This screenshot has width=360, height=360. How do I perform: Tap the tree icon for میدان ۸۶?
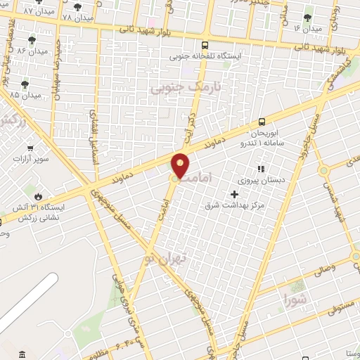tap(32, 40)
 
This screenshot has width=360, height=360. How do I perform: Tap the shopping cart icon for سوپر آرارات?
tap(30, 148)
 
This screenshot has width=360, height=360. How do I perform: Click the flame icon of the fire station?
tap(37, 196)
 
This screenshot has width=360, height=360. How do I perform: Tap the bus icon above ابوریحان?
tap(262, 121)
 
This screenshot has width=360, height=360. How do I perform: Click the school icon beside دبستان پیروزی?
tap(260, 169)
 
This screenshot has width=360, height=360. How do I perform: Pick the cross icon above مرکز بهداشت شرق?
tap(234, 194)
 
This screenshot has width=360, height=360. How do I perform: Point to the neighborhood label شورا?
tap(295, 300)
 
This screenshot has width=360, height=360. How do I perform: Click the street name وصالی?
tap(343, 268)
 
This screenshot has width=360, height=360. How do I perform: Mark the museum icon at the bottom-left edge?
tap(22, 353)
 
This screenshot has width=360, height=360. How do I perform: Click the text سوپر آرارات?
tap(30, 159)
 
